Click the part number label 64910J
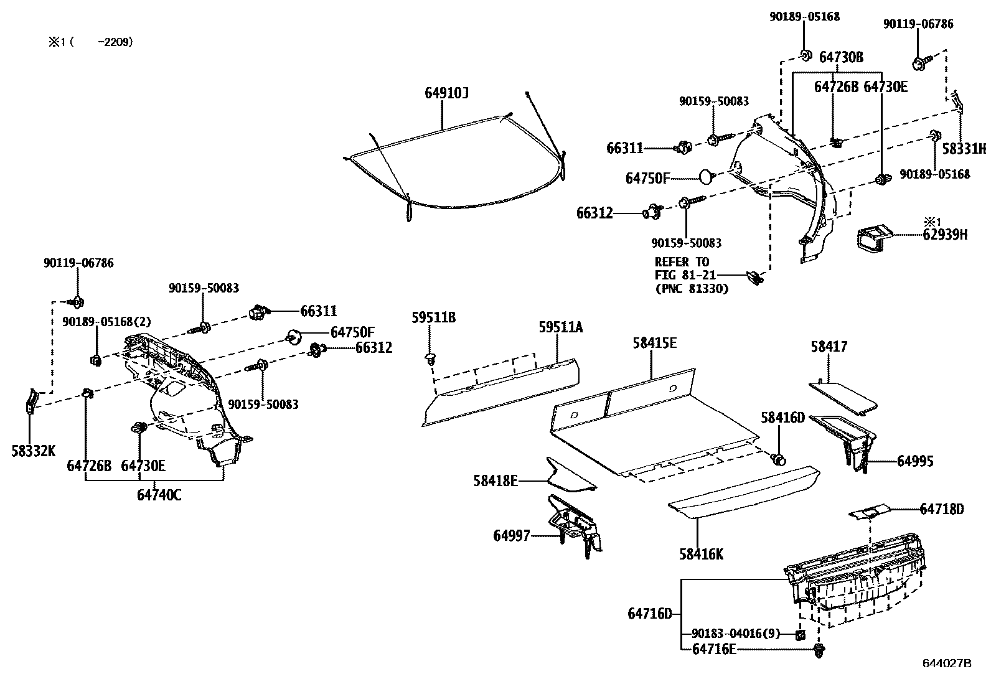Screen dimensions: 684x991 pyautogui.click(x=446, y=93)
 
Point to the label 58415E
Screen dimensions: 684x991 pyautogui.click(x=654, y=343)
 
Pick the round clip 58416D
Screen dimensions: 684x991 pyautogui.click(x=778, y=459)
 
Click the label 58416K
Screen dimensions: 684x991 pyautogui.click(x=702, y=554)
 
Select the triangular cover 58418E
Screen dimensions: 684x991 pyautogui.click(x=566, y=476)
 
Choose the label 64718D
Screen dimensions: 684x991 pyautogui.click(x=941, y=509)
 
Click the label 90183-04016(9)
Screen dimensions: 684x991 pyautogui.click(x=735, y=634)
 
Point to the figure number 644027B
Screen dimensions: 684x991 pyautogui.click(x=946, y=663)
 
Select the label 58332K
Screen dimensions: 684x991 pyautogui.click(x=34, y=451)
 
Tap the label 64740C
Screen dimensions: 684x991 pyautogui.click(x=159, y=495)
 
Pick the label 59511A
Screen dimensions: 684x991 pyautogui.click(x=560, y=327)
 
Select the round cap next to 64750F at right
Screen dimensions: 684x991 pyautogui.click(x=705, y=177)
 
